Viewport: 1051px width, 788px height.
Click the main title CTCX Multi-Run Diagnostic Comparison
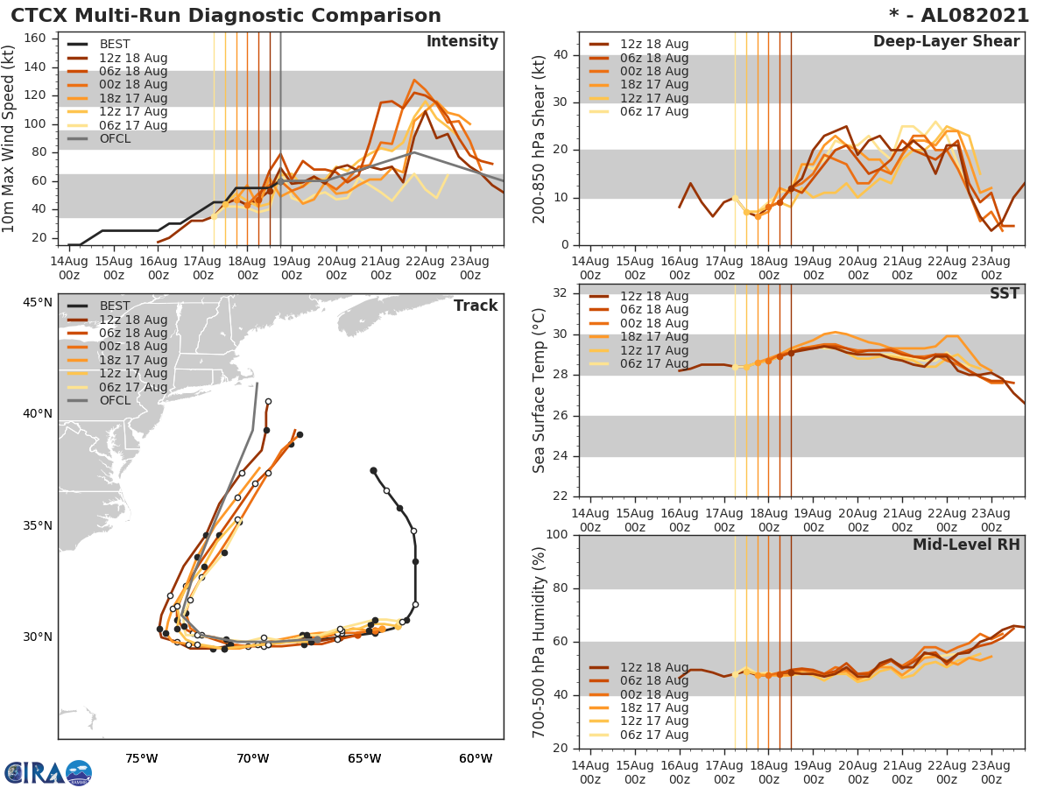coord(226,16)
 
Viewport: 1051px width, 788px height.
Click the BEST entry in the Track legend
coord(115,306)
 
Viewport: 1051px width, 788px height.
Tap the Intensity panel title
coord(462,42)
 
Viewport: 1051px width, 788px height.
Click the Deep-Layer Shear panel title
coord(946,42)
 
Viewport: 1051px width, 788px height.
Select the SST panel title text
coord(1005,293)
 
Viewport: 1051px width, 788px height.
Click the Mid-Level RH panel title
coord(966,545)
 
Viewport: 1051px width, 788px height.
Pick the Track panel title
coord(476,306)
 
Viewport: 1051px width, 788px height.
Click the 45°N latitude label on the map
coord(37,303)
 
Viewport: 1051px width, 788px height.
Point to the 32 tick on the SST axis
coord(560,293)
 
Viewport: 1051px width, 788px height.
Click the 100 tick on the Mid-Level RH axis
coord(556,535)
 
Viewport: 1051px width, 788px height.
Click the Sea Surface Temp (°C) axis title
coord(540,390)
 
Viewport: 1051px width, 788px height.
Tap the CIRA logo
coord(48,772)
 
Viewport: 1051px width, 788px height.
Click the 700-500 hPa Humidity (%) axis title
coord(540,642)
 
